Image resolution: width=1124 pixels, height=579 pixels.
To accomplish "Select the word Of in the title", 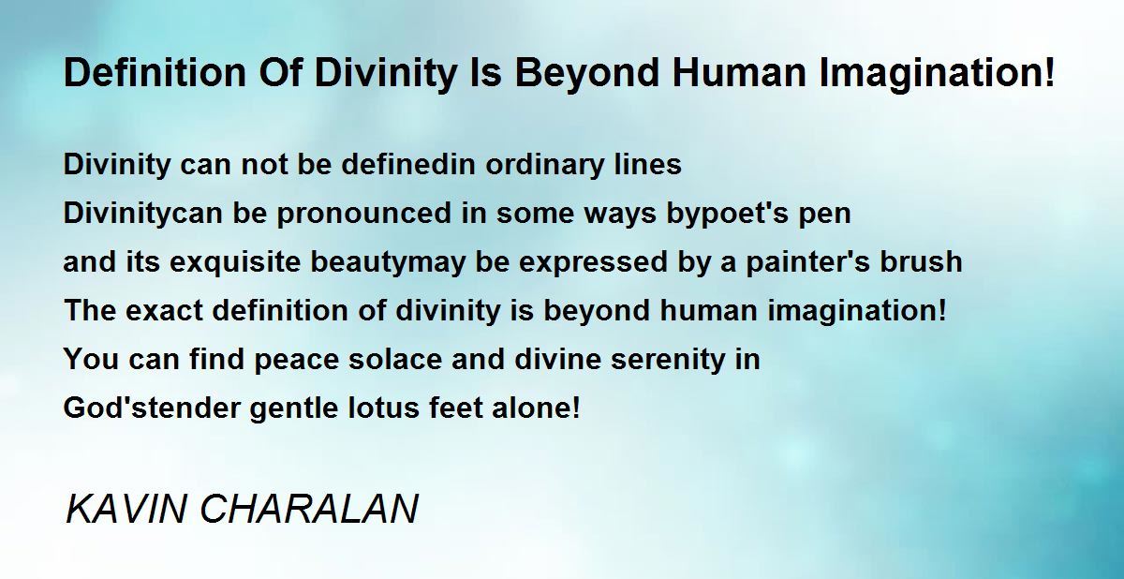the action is pyautogui.click(x=281, y=73).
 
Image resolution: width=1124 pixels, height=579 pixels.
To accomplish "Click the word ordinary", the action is pyautogui.click(x=544, y=165).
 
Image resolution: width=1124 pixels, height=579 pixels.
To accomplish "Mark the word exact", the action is pyautogui.click(x=164, y=310).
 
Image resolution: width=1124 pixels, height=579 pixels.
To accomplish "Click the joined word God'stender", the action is pyautogui.click(x=152, y=408).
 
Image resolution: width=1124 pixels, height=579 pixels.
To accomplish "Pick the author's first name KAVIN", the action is pyautogui.click(x=126, y=509).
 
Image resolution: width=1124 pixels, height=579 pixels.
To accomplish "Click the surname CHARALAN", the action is pyautogui.click(x=309, y=509).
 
